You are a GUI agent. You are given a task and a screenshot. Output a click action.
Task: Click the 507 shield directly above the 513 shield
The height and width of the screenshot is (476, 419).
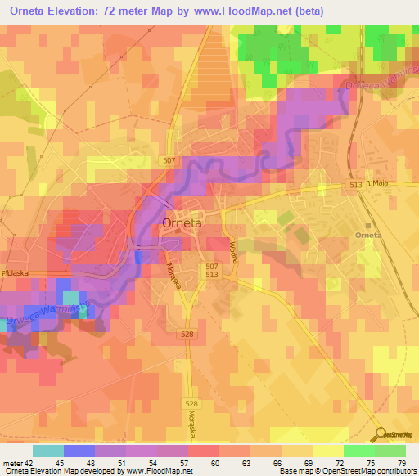[x=212, y=267]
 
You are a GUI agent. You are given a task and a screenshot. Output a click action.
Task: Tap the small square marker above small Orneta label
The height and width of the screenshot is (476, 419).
[x=369, y=225]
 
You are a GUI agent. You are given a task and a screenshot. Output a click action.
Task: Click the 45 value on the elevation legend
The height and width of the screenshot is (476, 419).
[x=60, y=464]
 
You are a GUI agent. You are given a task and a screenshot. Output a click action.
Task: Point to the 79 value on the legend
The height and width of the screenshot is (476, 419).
[x=402, y=464]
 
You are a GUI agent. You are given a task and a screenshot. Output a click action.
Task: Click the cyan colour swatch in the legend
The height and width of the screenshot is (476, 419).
[x=47, y=451]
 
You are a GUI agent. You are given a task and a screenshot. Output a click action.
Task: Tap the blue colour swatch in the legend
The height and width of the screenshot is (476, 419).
[x=79, y=451]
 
